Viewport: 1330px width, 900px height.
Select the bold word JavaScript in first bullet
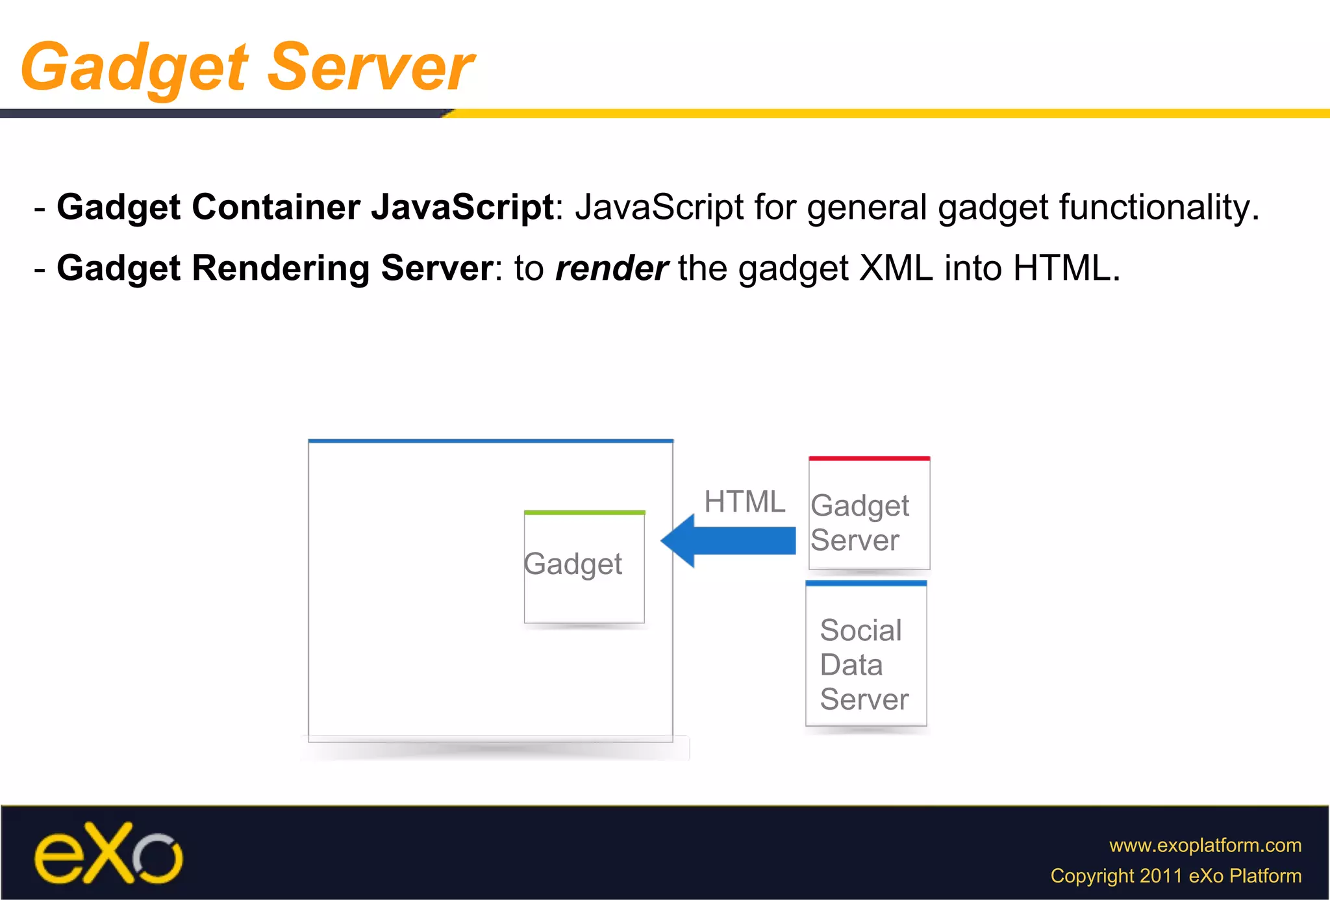tap(462, 208)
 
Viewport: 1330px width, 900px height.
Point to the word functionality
tap(1159, 208)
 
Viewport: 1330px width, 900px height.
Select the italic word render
tap(611, 268)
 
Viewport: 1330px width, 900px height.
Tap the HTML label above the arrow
tap(744, 502)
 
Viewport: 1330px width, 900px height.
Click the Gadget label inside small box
tap(573, 564)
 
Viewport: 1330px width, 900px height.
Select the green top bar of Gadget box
tap(584, 513)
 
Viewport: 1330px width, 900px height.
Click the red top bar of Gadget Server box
tap(869, 458)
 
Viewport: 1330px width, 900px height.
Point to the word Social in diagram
tap(860, 630)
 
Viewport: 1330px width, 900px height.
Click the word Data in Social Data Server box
tap(851, 665)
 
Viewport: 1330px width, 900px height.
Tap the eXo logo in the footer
tap(108, 855)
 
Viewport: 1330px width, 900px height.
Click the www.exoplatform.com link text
tap(1205, 845)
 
